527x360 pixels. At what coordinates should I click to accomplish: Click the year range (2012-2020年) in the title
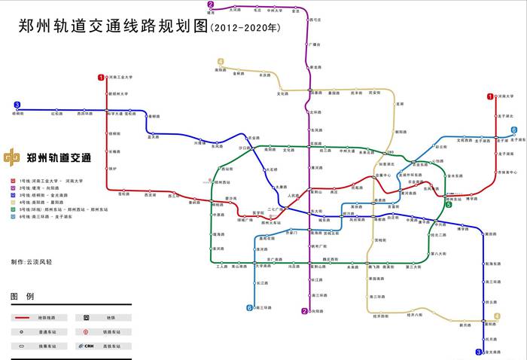click(x=245, y=29)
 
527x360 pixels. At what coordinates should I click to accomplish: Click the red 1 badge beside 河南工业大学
click(x=101, y=77)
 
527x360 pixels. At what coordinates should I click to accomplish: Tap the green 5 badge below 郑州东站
click(x=448, y=204)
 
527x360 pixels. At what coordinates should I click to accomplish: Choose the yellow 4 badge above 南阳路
click(x=221, y=62)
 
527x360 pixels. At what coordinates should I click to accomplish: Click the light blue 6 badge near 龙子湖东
click(x=513, y=130)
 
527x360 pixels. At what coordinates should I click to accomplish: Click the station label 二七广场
click(x=276, y=209)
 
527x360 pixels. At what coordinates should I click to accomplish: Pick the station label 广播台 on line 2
click(x=316, y=44)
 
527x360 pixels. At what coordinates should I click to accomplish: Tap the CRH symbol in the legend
click(x=89, y=346)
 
